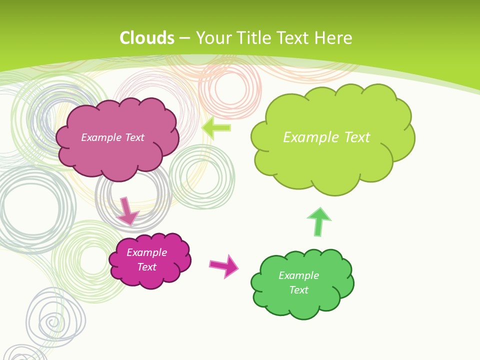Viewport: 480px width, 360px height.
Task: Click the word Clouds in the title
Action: pos(147,38)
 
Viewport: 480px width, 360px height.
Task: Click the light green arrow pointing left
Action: pos(216,127)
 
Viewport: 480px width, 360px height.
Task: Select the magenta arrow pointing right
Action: pos(224,265)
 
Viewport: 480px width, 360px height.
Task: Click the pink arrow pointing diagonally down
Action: pos(127,211)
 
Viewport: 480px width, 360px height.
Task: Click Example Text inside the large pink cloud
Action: pos(112,137)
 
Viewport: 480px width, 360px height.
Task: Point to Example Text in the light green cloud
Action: pos(326,137)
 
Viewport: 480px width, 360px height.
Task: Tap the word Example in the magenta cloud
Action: pos(146,252)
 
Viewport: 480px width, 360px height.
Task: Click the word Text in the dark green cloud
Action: pos(298,290)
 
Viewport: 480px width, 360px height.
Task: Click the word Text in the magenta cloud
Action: pos(146,267)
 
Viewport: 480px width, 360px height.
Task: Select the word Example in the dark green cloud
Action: pos(298,275)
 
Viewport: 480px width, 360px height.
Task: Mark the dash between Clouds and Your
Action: pos(184,38)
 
